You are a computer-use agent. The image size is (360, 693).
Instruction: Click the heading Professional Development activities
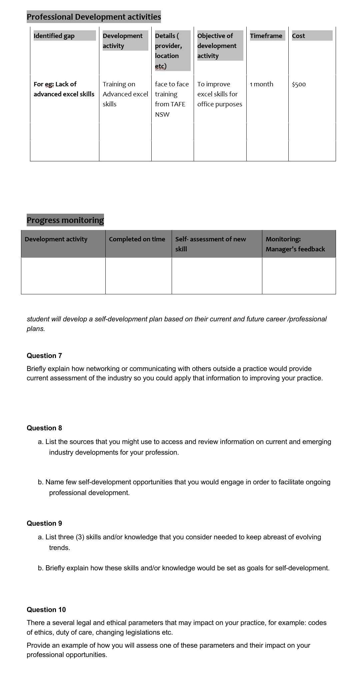[x=94, y=17]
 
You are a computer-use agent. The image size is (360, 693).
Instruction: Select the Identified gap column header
[x=54, y=36]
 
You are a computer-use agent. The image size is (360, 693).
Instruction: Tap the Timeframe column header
[x=266, y=36]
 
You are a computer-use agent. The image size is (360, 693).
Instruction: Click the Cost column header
[x=298, y=36]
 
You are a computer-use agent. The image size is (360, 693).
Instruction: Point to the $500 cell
[x=299, y=84]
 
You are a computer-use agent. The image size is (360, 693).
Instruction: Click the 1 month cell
[x=262, y=84]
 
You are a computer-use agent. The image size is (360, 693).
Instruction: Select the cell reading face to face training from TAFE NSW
[x=172, y=99]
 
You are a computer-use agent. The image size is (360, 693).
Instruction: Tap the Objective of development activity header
[x=217, y=46]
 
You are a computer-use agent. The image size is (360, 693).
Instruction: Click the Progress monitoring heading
[x=65, y=220]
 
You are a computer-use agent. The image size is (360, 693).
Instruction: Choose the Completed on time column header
[x=137, y=239]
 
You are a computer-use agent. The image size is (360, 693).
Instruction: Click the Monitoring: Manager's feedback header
[x=295, y=244]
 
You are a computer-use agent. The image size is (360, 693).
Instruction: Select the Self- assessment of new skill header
[x=210, y=244]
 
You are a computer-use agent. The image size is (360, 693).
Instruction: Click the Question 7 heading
[x=44, y=356]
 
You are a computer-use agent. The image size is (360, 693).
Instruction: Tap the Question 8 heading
[x=44, y=428]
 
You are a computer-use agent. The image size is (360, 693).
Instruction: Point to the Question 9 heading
[x=44, y=523]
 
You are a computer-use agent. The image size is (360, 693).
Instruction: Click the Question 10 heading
[x=46, y=610]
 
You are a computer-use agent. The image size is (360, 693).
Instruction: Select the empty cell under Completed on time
[x=138, y=276]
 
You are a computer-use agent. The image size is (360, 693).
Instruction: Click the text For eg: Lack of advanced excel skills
[x=64, y=89]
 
